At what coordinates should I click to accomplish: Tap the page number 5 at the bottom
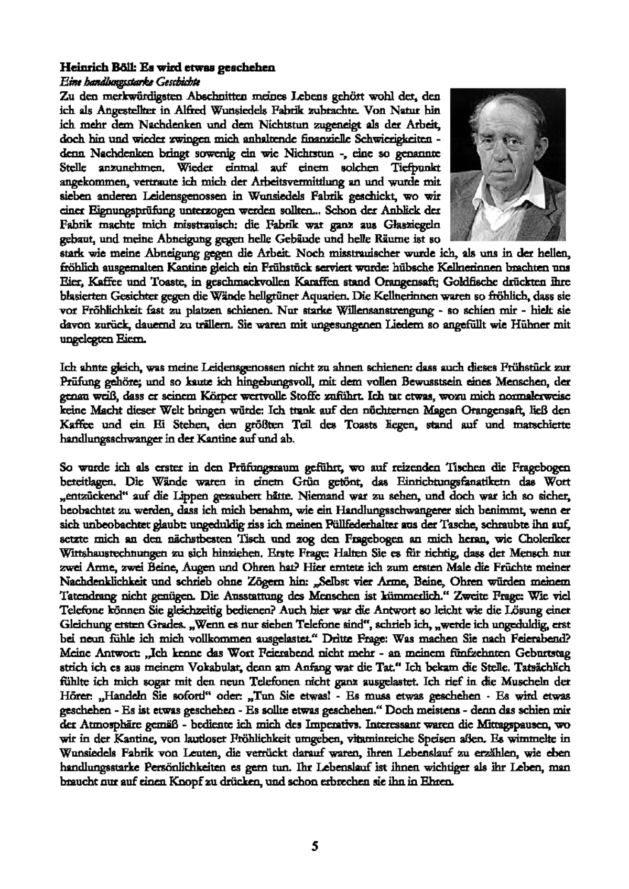[x=314, y=831]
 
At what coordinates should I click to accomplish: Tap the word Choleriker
[x=543, y=538]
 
